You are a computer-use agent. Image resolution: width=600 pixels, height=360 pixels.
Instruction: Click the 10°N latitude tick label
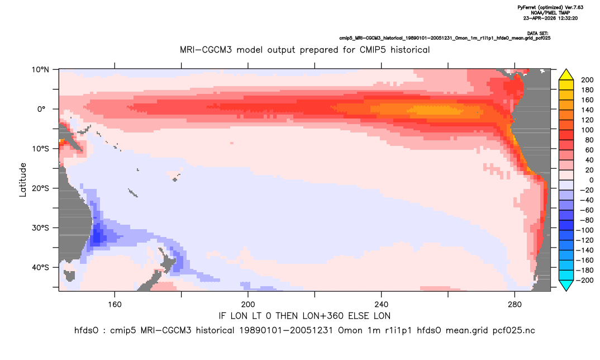40,70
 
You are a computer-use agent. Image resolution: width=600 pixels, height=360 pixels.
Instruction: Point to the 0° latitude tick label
41,109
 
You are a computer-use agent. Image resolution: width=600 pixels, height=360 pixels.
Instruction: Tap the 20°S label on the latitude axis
40,188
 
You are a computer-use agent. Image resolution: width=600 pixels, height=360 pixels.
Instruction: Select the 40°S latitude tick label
40,267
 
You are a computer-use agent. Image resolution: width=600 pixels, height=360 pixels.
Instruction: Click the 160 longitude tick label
115,305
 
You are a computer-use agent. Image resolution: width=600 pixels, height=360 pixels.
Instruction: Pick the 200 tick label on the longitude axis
248,305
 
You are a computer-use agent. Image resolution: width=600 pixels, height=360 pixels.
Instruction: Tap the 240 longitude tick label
382,305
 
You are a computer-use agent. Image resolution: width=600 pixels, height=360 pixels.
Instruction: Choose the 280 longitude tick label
515,305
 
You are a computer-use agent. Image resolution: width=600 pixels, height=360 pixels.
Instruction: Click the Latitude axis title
23,180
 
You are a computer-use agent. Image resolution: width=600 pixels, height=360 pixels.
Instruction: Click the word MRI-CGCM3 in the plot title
206,50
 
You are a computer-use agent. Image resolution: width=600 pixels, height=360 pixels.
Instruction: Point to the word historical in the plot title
410,50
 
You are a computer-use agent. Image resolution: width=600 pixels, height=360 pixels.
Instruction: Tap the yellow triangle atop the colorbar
566,74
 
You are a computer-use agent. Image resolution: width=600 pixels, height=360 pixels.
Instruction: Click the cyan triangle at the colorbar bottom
566,285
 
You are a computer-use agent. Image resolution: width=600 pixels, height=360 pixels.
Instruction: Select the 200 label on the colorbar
587,80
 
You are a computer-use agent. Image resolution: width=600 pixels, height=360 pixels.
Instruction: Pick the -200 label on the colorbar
585,280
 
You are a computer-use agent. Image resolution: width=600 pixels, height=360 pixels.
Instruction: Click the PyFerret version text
550,7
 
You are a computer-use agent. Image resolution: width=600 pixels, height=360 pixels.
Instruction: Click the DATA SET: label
537,34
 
